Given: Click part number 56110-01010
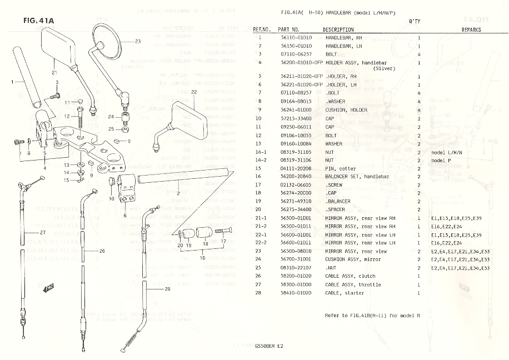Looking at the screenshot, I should pos(296,38).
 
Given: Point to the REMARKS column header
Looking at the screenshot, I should pos(471,29).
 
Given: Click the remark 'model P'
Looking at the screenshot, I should pos(443,161).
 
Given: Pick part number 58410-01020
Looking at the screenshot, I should pos(296,293).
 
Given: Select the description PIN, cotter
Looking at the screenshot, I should pos(341,169).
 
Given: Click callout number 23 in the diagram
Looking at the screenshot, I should pos(137,42).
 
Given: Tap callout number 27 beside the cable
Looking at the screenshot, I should pos(43,232).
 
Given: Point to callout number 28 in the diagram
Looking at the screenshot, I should pos(167,289).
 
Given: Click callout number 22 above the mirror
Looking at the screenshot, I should pos(194,91).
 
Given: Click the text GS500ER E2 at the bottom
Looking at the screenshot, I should pos(269,346).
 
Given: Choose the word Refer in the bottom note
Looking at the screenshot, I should pos(332,316).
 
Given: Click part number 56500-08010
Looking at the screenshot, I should pos(296,251).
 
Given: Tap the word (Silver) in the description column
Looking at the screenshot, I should pos(385,69).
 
